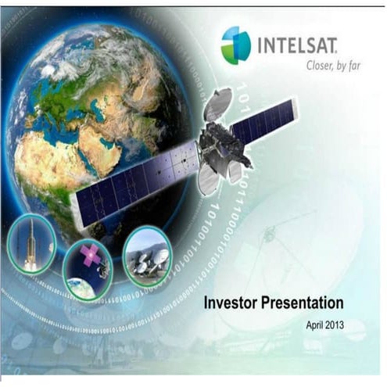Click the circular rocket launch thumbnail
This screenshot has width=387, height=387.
click(x=31, y=243)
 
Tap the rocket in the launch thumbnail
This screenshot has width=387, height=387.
click(x=30, y=242)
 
